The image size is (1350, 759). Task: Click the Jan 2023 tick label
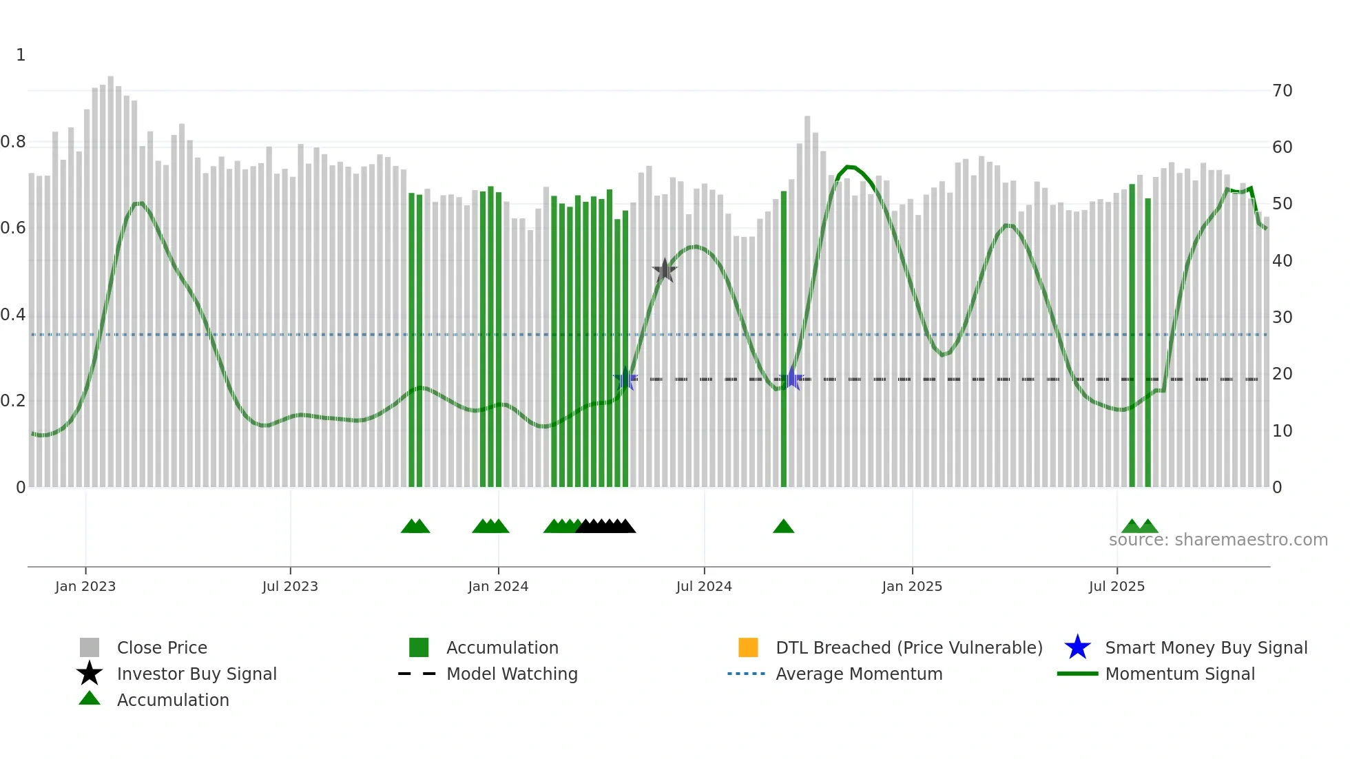[x=85, y=586]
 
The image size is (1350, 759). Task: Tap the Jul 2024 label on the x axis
[x=704, y=586]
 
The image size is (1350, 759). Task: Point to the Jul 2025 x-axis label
[x=1117, y=586]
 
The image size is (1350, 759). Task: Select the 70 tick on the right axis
[x=1282, y=91]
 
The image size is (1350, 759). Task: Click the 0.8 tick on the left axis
[x=13, y=142]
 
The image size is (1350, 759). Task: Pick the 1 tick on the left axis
[x=21, y=55]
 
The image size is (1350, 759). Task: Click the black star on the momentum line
[x=665, y=271]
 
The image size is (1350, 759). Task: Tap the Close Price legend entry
[x=162, y=647]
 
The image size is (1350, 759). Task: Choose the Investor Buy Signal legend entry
[x=196, y=674]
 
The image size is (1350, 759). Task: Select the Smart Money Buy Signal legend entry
[x=1205, y=647]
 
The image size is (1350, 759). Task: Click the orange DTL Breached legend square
[x=748, y=647]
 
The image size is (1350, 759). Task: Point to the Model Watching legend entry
[x=512, y=674]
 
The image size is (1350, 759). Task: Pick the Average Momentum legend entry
[x=859, y=674]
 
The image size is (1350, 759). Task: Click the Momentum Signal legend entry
[x=1180, y=674]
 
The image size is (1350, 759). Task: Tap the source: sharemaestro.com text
[x=1218, y=540]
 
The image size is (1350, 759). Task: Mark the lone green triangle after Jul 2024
[x=784, y=527]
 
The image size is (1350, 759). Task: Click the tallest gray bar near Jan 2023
[x=111, y=275]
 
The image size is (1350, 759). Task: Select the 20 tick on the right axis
[x=1282, y=374]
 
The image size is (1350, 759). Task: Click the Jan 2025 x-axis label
[x=912, y=586]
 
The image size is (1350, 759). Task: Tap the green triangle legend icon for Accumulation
[x=90, y=698]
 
